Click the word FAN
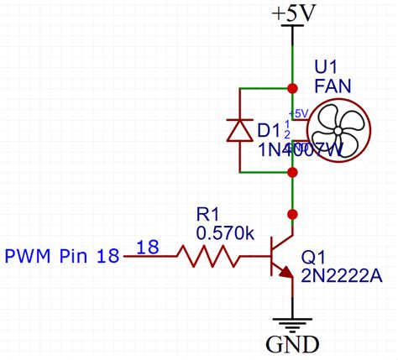coord(334,85)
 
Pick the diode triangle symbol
coord(240,130)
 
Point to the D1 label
coord(269,131)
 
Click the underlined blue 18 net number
coord(148,247)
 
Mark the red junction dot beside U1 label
coord(291,88)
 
